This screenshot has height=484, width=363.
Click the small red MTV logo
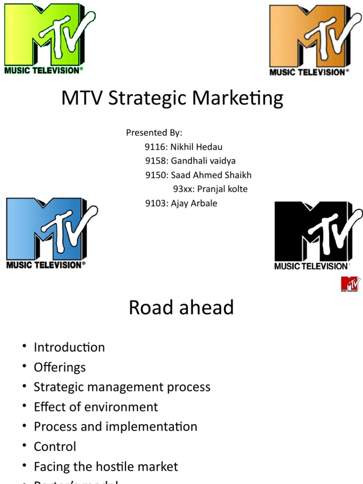click(x=350, y=284)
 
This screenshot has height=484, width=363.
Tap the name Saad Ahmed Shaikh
click(x=211, y=175)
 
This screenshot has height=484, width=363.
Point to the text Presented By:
click(x=154, y=133)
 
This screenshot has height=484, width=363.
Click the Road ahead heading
click(x=181, y=308)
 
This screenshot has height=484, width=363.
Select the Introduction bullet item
click(x=69, y=347)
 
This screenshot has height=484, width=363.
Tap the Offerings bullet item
click(x=60, y=367)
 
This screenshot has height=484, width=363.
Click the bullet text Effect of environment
click(x=96, y=407)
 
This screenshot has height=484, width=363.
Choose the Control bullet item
click(x=55, y=447)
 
